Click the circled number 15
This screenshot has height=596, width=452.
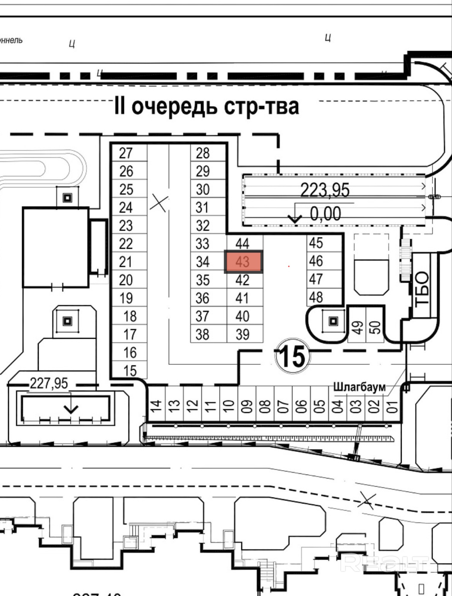click(x=293, y=356)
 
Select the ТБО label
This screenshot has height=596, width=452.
click(x=422, y=289)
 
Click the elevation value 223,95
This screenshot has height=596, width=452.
click(x=325, y=190)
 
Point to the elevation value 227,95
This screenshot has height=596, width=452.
click(x=49, y=383)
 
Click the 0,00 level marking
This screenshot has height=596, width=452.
click(x=325, y=214)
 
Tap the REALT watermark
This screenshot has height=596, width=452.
click(x=384, y=562)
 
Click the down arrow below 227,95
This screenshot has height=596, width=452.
click(x=71, y=408)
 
